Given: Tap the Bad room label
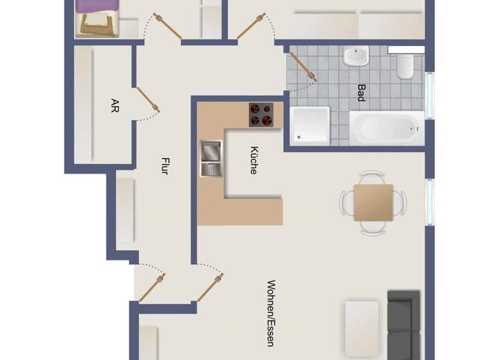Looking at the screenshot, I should coord(361,94).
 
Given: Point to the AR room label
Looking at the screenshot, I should coord(114,105).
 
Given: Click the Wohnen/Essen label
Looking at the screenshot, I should coord(271,313).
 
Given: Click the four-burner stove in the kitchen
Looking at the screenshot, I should coord(261,114).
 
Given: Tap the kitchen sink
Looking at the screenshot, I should coord(210,158).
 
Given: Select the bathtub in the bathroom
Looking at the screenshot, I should coord(387,128).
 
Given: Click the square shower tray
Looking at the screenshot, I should coord(310,125).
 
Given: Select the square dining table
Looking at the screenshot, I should coord(373,203).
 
